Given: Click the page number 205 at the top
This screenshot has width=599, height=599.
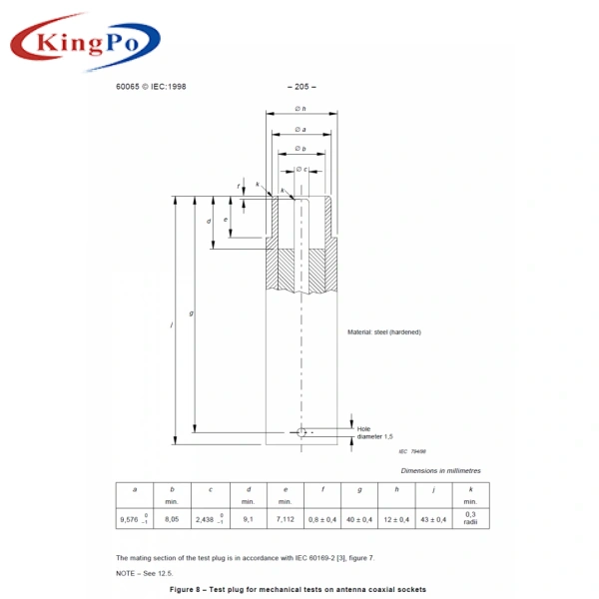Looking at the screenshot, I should point(299,86).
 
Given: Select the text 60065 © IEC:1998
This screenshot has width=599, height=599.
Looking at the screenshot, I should point(151,86).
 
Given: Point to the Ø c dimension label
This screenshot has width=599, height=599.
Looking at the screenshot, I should point(299,169).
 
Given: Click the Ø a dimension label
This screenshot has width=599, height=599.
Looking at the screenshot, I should point(299,130).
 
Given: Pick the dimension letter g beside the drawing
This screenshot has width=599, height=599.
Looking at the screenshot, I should point(192,313).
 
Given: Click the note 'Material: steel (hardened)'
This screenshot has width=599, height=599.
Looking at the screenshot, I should point(383,331).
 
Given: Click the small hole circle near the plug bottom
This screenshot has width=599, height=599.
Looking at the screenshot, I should point(301,432).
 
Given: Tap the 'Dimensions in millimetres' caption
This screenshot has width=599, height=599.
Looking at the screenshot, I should point(440,469).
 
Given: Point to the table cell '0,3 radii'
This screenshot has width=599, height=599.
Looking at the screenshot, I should point(471,517).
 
